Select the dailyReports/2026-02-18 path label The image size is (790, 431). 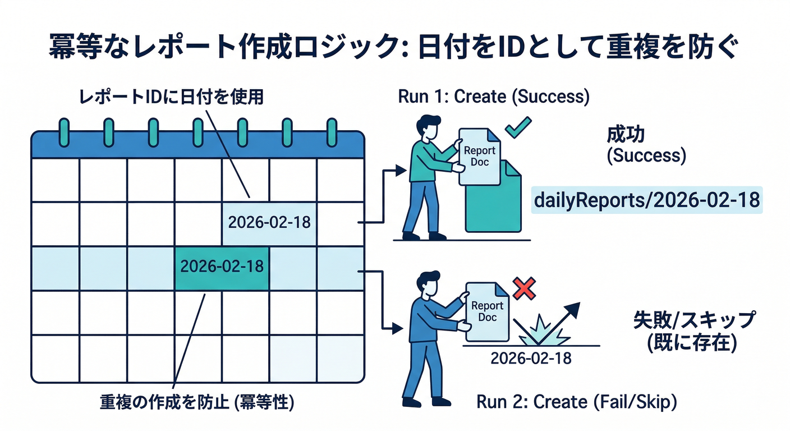coord(647,200)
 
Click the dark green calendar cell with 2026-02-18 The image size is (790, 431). coord(223,266)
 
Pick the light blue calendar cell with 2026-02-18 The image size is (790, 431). coord(269,222)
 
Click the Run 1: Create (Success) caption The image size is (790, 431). coord(494,97)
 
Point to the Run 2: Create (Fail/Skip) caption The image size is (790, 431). coord(577,402)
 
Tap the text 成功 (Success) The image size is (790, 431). coord(646,145)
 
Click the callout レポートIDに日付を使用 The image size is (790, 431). coord(171,97)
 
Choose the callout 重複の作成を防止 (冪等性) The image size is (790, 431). coord(198,402)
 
